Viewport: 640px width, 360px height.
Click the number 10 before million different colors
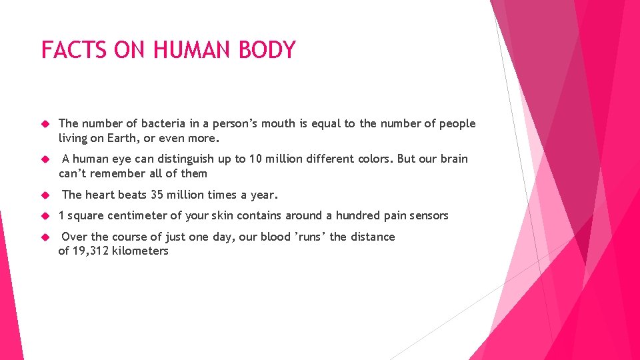click(x=256, y=159)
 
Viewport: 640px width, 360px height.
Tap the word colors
click(x=373, y=159)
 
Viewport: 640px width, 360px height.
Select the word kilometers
click(x=142, y=251)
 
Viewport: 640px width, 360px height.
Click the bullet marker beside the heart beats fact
click(x=46, y=195)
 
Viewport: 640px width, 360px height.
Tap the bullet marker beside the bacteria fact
click(x=46, y=124)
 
